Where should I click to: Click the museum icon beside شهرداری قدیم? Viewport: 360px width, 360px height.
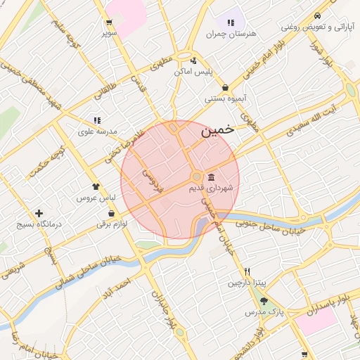coord(211,177)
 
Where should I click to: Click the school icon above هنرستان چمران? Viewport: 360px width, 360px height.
coord(230,21)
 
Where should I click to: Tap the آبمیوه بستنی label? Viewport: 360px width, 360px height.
coord(224,99)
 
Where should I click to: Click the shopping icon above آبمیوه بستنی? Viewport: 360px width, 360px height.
coord(224,87)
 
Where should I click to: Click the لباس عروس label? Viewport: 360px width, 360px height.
coord(96,198)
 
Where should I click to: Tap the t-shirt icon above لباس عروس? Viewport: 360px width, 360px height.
coord(96,186)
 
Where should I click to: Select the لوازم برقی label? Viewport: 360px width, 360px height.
coord(112,224)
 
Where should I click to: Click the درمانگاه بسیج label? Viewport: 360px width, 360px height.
coord(39,224)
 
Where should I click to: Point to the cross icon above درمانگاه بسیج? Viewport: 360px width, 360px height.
coord(39,213)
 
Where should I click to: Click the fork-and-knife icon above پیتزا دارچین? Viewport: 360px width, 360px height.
coord(247,271)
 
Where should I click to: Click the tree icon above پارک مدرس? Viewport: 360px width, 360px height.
coord(264,302)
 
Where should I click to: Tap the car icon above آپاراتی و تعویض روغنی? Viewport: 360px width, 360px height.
coord(317,15)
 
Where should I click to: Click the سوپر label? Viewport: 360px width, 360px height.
coord(108,33)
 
